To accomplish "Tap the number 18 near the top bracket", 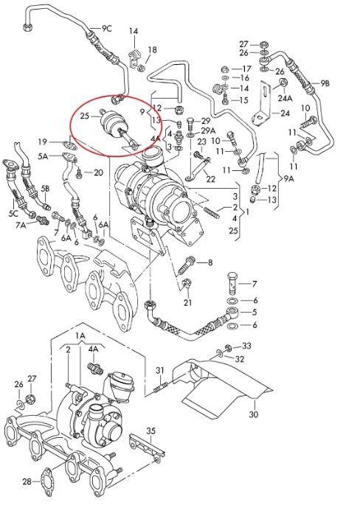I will pyautogui.click(x=152, y=49).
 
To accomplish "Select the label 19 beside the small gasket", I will pyautogui.click(x=44, y=142).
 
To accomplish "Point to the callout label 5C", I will pyautogui.click(x=13, y=213).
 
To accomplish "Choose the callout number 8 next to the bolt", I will pyautogui.click(x=209, y=262).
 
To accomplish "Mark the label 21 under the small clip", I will pyautogui.click(x=187, y=302).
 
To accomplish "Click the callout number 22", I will pyautogui.click(x=210, y=179).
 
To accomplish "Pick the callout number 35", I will pyautogui.click(x=150, y=430).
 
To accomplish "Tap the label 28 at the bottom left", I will pyautogui.click(x=27, y=482).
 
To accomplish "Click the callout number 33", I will pyautogui.click(x=246, y=346).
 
